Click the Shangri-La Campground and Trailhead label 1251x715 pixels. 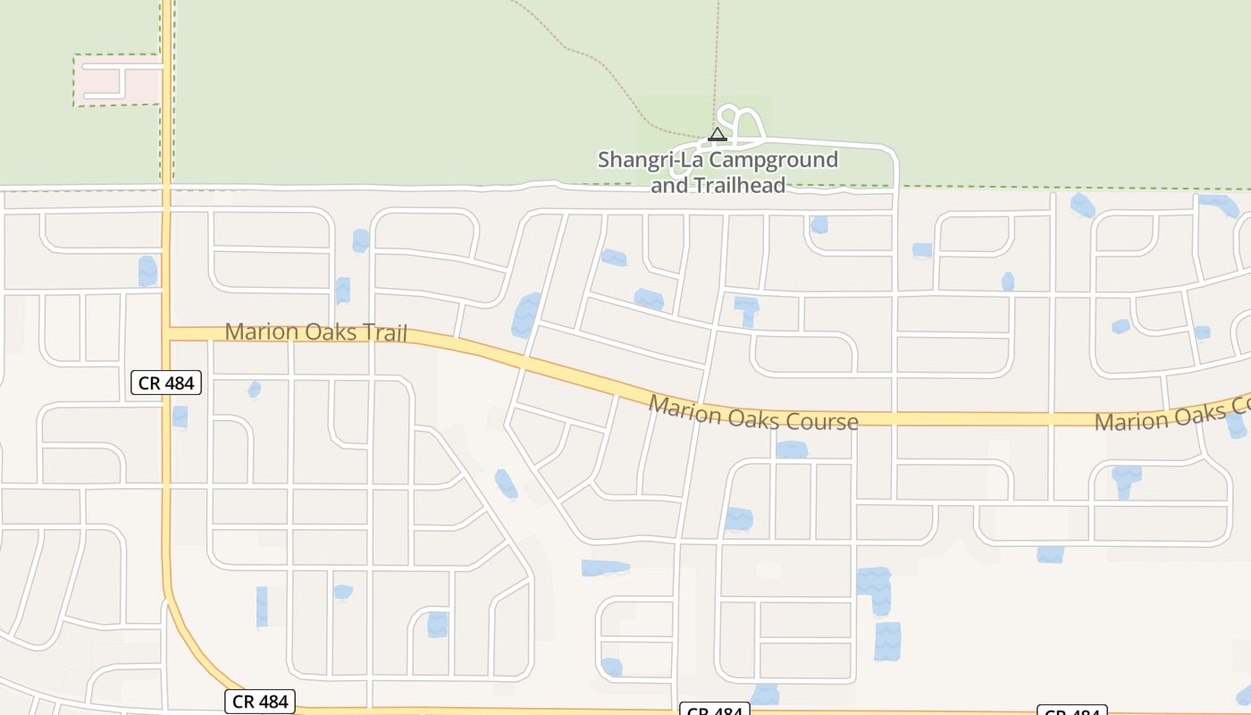[x=718, y=172]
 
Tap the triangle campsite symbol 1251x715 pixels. [x=718, y=135]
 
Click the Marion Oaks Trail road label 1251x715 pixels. [x=315, y=332]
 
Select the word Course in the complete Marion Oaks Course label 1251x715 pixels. [x=822, y=421]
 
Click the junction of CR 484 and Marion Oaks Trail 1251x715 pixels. [x=167, y=332]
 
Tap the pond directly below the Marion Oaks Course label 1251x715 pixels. [x=792, y=450]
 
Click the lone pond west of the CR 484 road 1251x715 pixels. [x=147, y=271]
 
